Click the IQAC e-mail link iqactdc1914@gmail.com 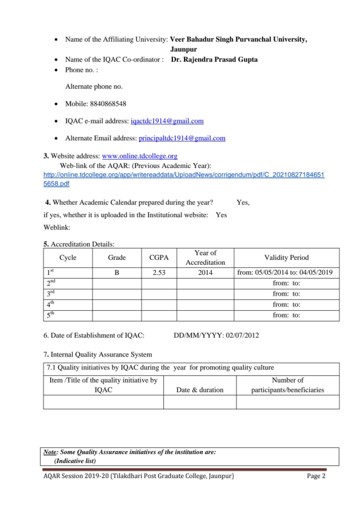pyautogui.click(x=167, y=121)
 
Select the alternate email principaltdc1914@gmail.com pyautogui.click(x=182, y=138)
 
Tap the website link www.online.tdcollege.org pyautogui.click(x=140, y=155)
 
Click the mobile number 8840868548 pyautogui.click(x=105, y=104)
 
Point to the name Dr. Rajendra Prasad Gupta pyautogui.click(x=214, y=60)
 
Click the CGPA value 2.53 pyautogui.click(x=159, y=273)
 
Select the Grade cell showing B pyautogui.click(x=117, y=273)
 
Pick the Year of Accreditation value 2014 pyautogui.click(x=205, y=273)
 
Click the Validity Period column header pyautogui.click(x=286, y=258)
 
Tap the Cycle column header pyautogui.click(x=68, y=258)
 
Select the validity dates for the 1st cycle pyautogui.click(x=286, y=273)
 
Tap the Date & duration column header pyautogui.click(x=200, y=390)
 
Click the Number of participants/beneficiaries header pyautogui.click(x=287, y=385)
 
